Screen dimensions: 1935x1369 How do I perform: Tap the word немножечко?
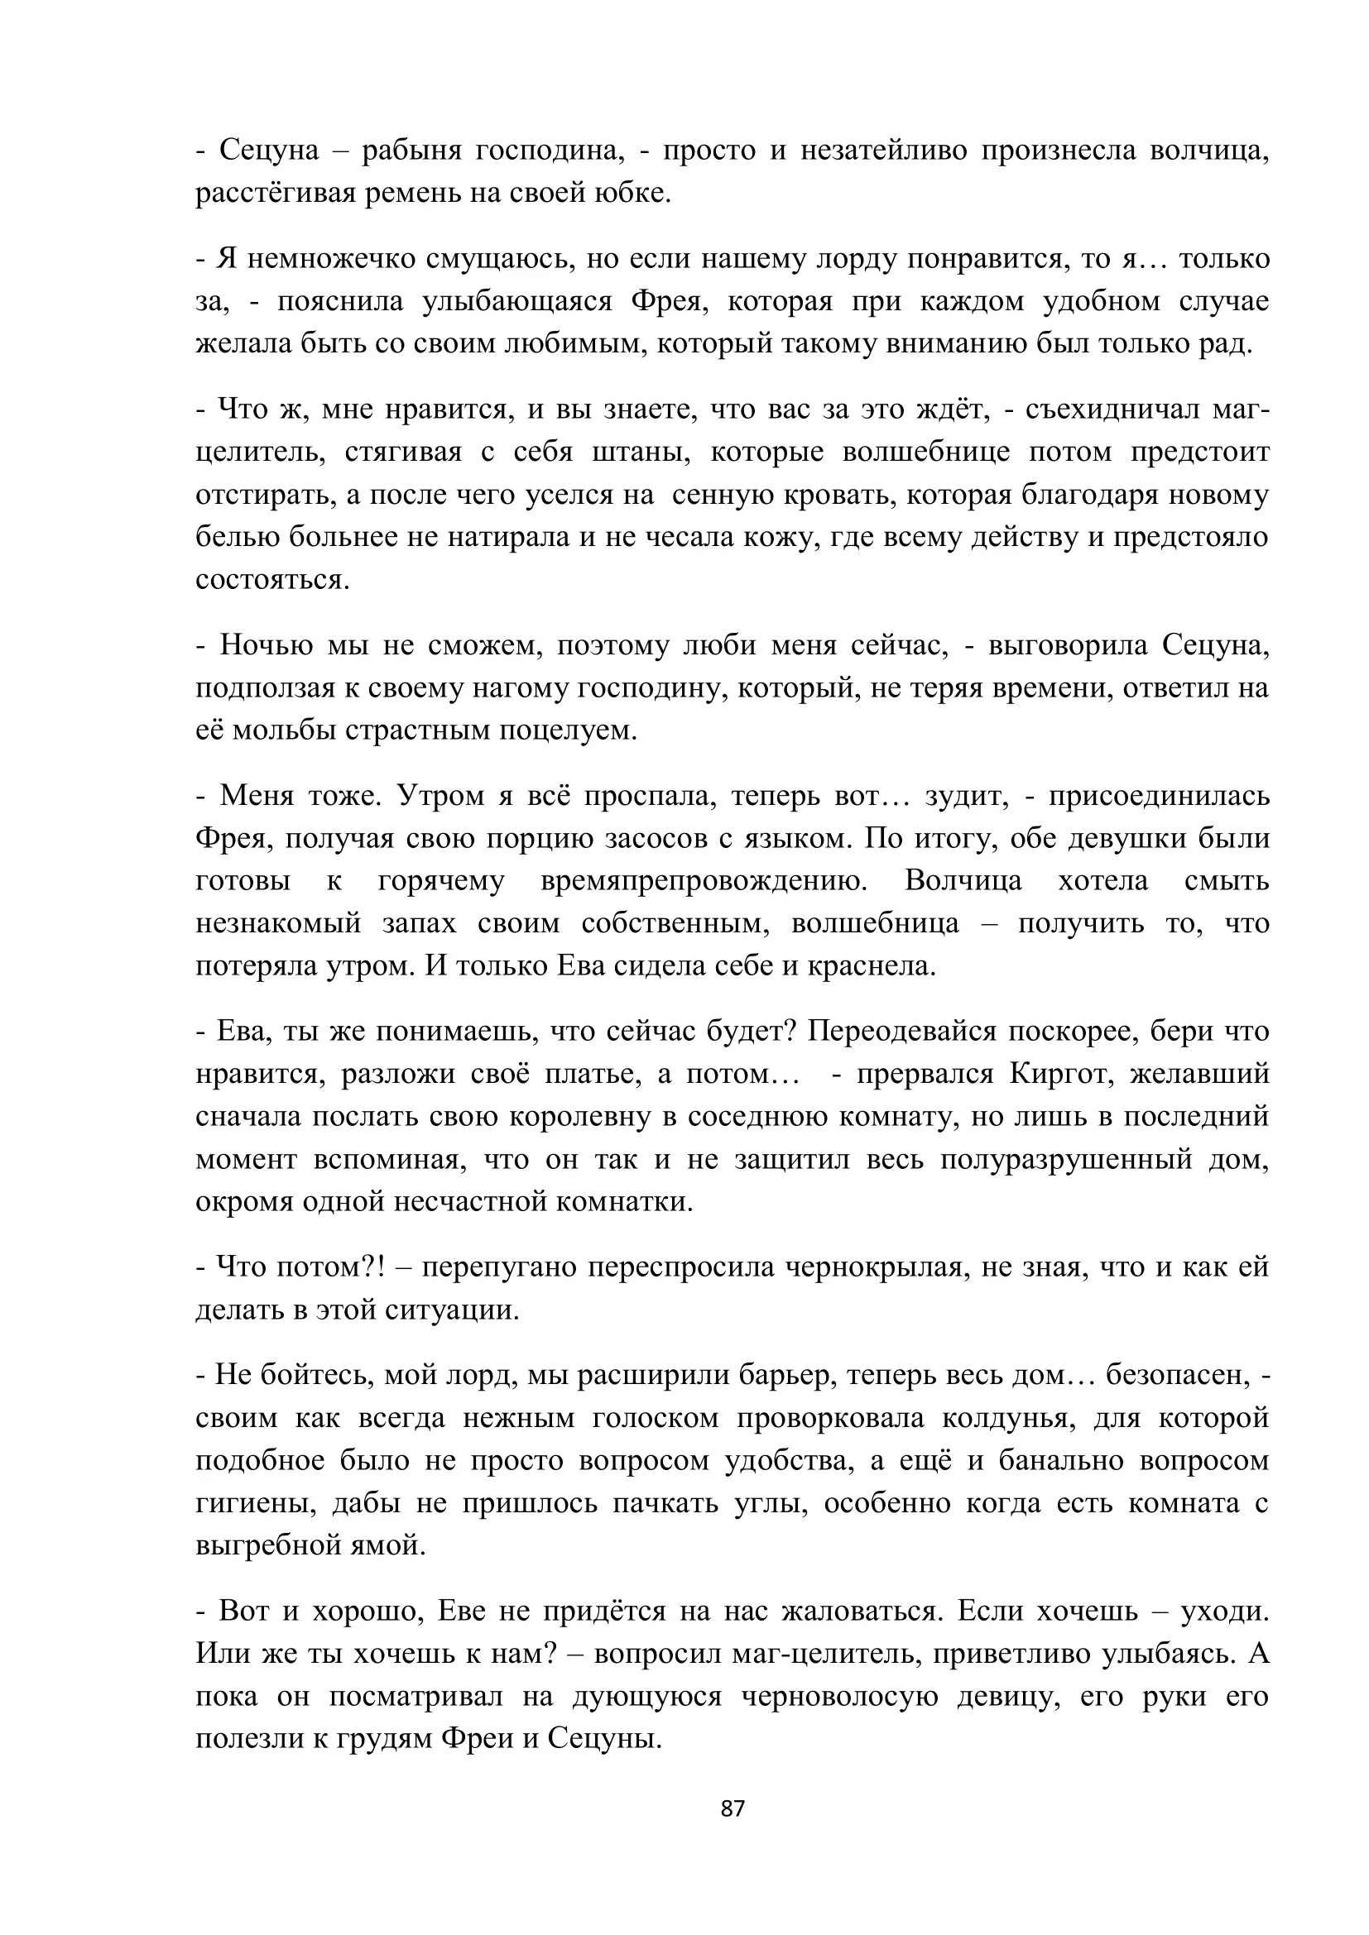pyautogui.click(x=330, y=259)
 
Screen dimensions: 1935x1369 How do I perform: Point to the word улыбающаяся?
pyautogui.click(x=516, y=301)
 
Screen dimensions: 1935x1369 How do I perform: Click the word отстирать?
pyautogui.click(x=265, y=495)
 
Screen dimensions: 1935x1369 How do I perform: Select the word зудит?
pyautogui.click(x=966, y=796)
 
